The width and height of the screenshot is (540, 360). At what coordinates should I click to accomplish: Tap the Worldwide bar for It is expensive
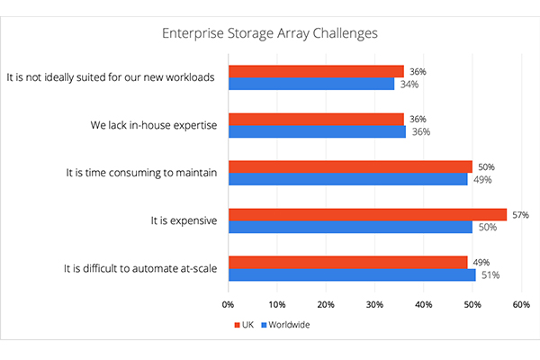(350, 227)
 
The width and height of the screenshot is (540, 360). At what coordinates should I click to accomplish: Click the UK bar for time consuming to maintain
(350, 166)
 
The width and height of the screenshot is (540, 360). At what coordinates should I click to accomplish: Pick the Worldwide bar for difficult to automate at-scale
(352, 274)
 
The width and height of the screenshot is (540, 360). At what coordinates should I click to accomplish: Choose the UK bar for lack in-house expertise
(316, 119)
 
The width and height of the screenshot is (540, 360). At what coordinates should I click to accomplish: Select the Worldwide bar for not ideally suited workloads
(311, 84)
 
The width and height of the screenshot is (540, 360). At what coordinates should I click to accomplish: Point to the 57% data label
(519, 215)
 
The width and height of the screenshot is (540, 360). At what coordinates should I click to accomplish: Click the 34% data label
(409, 84)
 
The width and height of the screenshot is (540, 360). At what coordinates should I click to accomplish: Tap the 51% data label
(490, 274)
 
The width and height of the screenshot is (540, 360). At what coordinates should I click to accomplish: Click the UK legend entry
(242, 324)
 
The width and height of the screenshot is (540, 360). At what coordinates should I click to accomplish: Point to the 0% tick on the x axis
(229, 304)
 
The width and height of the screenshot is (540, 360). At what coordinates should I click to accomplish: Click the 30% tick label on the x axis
(374, 304)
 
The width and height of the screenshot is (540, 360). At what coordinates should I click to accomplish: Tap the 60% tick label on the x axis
(520, 304)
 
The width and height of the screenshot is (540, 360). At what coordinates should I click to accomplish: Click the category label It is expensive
(184, 220)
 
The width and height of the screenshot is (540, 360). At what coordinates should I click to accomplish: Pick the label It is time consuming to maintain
(140, 173)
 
